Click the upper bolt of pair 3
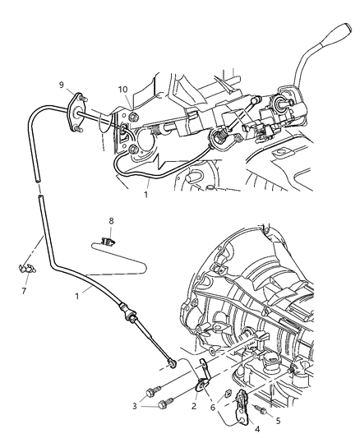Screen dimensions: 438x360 pyautogui.click(x=154, y=390)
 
